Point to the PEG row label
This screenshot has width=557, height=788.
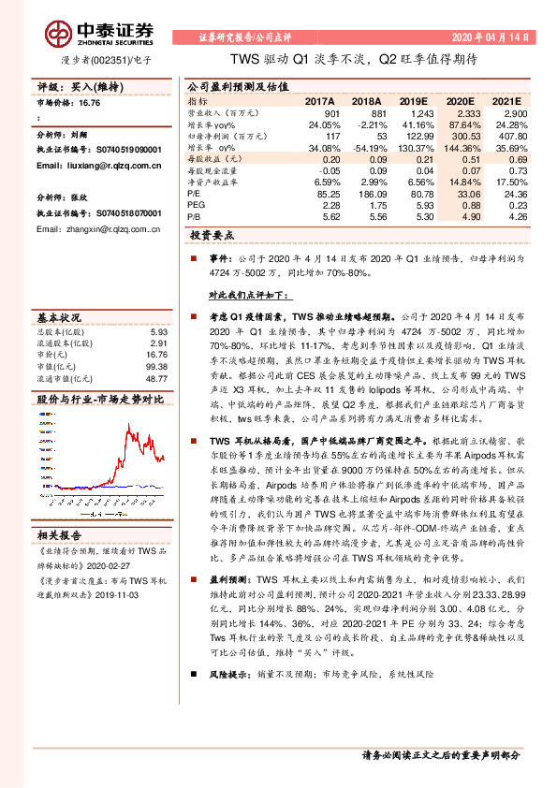tap(197, 178)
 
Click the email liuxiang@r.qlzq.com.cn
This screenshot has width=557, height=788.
tap(90, 164)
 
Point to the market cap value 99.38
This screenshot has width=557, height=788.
tap(154, 367)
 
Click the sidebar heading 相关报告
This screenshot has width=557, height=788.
tap(60, 535)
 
